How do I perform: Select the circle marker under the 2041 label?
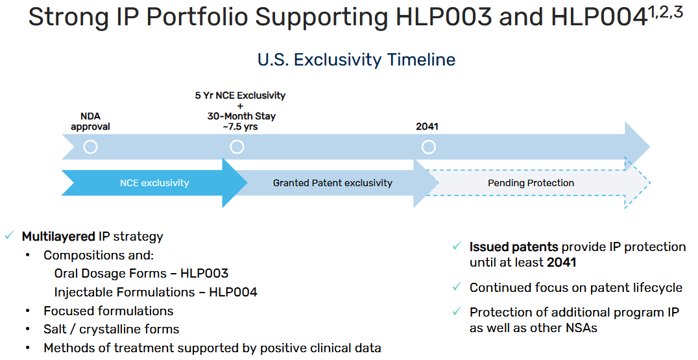coord(429,141)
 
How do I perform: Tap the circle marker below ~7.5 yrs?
coord(237,141)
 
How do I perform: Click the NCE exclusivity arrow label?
coord(154,183)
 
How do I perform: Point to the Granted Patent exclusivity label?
coord(333,183)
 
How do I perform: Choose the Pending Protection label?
coord(531,183)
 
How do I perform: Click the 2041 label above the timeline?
coord(427,127)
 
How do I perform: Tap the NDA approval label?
coord(90,121)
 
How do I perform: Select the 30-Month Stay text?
coord(241,116)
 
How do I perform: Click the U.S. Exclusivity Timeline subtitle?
coord(357,60)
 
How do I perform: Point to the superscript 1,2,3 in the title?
coord(666,12)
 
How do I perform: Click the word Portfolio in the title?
coord(197,18)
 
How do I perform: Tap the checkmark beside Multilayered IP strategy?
coord(9,236)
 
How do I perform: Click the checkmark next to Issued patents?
coord(457,246)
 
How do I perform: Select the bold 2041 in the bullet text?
coord(561,263)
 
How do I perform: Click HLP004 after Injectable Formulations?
coord(234,293)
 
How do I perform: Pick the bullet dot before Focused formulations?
coord(28,311)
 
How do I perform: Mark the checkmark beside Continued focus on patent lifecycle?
coord(457,287)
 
